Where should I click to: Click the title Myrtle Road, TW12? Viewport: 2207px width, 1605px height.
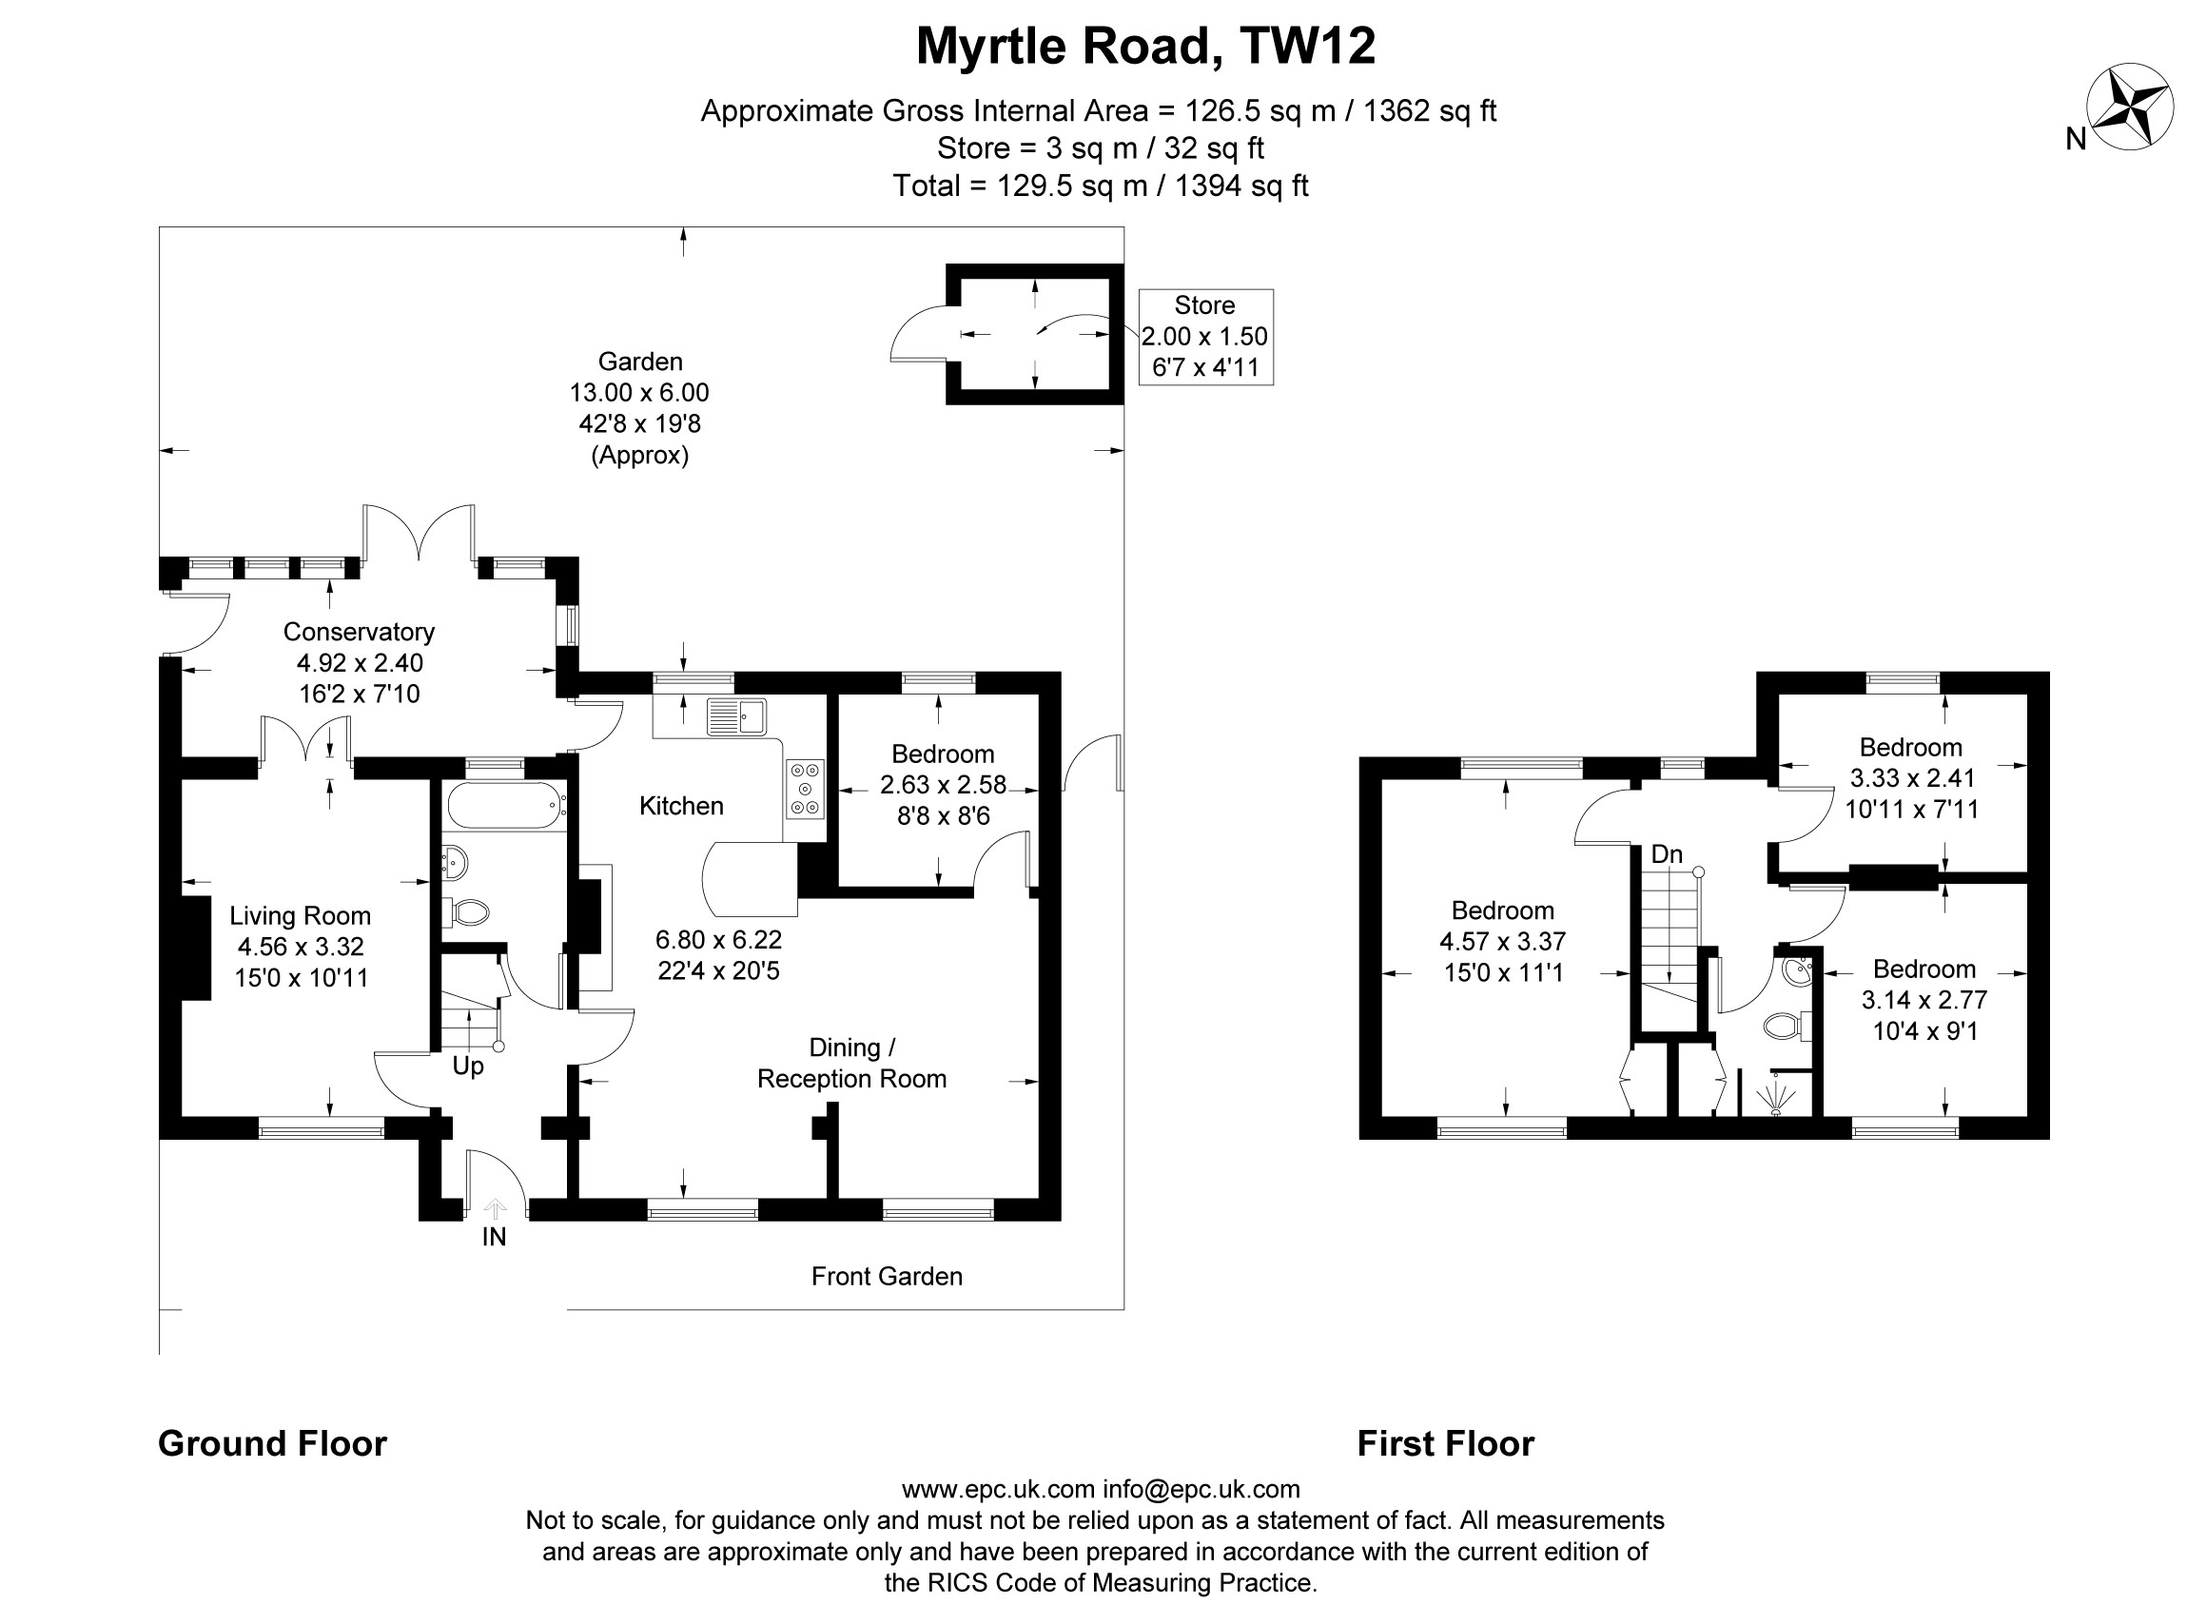(x=1145, y=46)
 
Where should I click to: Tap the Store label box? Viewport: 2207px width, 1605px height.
(x=1204, y=337)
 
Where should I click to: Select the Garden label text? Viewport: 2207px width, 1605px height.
(x=639, y=362)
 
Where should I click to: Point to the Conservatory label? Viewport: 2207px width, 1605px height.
(x=358, y=632)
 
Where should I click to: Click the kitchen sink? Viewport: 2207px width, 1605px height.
(x=736, y=717)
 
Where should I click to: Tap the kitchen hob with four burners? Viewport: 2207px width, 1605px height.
(x=805, y=788)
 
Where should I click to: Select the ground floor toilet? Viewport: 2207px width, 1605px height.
(x=470, y=912)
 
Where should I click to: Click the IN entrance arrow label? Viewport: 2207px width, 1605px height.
(x=495, y=1236)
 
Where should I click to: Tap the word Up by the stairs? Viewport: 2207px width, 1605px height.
(x=468, y=1066)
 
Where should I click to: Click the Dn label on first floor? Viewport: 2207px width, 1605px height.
(x=1666, y=854)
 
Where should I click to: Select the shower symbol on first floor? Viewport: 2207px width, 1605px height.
(x=1775, y=1098)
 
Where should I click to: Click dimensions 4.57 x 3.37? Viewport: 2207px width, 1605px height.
(x=1502, y=941)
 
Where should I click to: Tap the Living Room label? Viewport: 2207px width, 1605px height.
(x=300, y=916)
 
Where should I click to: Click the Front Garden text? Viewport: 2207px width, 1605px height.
(x=887, y=1276)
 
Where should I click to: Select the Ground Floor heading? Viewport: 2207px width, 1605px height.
(x=272, y=1443)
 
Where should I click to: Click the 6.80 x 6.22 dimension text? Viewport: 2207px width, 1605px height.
(x=718, y=939)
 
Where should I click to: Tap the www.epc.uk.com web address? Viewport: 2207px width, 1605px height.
(x=998, y=1489)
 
